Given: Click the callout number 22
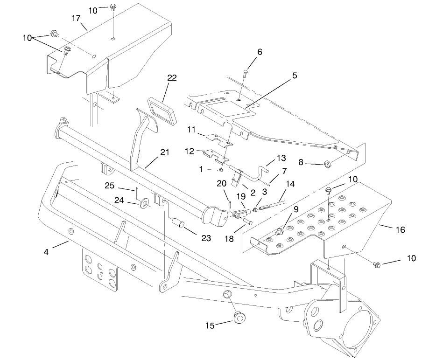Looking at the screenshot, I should [x=172, y=78].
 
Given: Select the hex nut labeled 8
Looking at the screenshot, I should [x=327, y=164].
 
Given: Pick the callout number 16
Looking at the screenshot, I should [x=401, y=230].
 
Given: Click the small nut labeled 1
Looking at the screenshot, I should [x=221, y=170].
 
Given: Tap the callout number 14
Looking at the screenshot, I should [x=290, y=184].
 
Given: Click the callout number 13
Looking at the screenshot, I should [x=281, y=158].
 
